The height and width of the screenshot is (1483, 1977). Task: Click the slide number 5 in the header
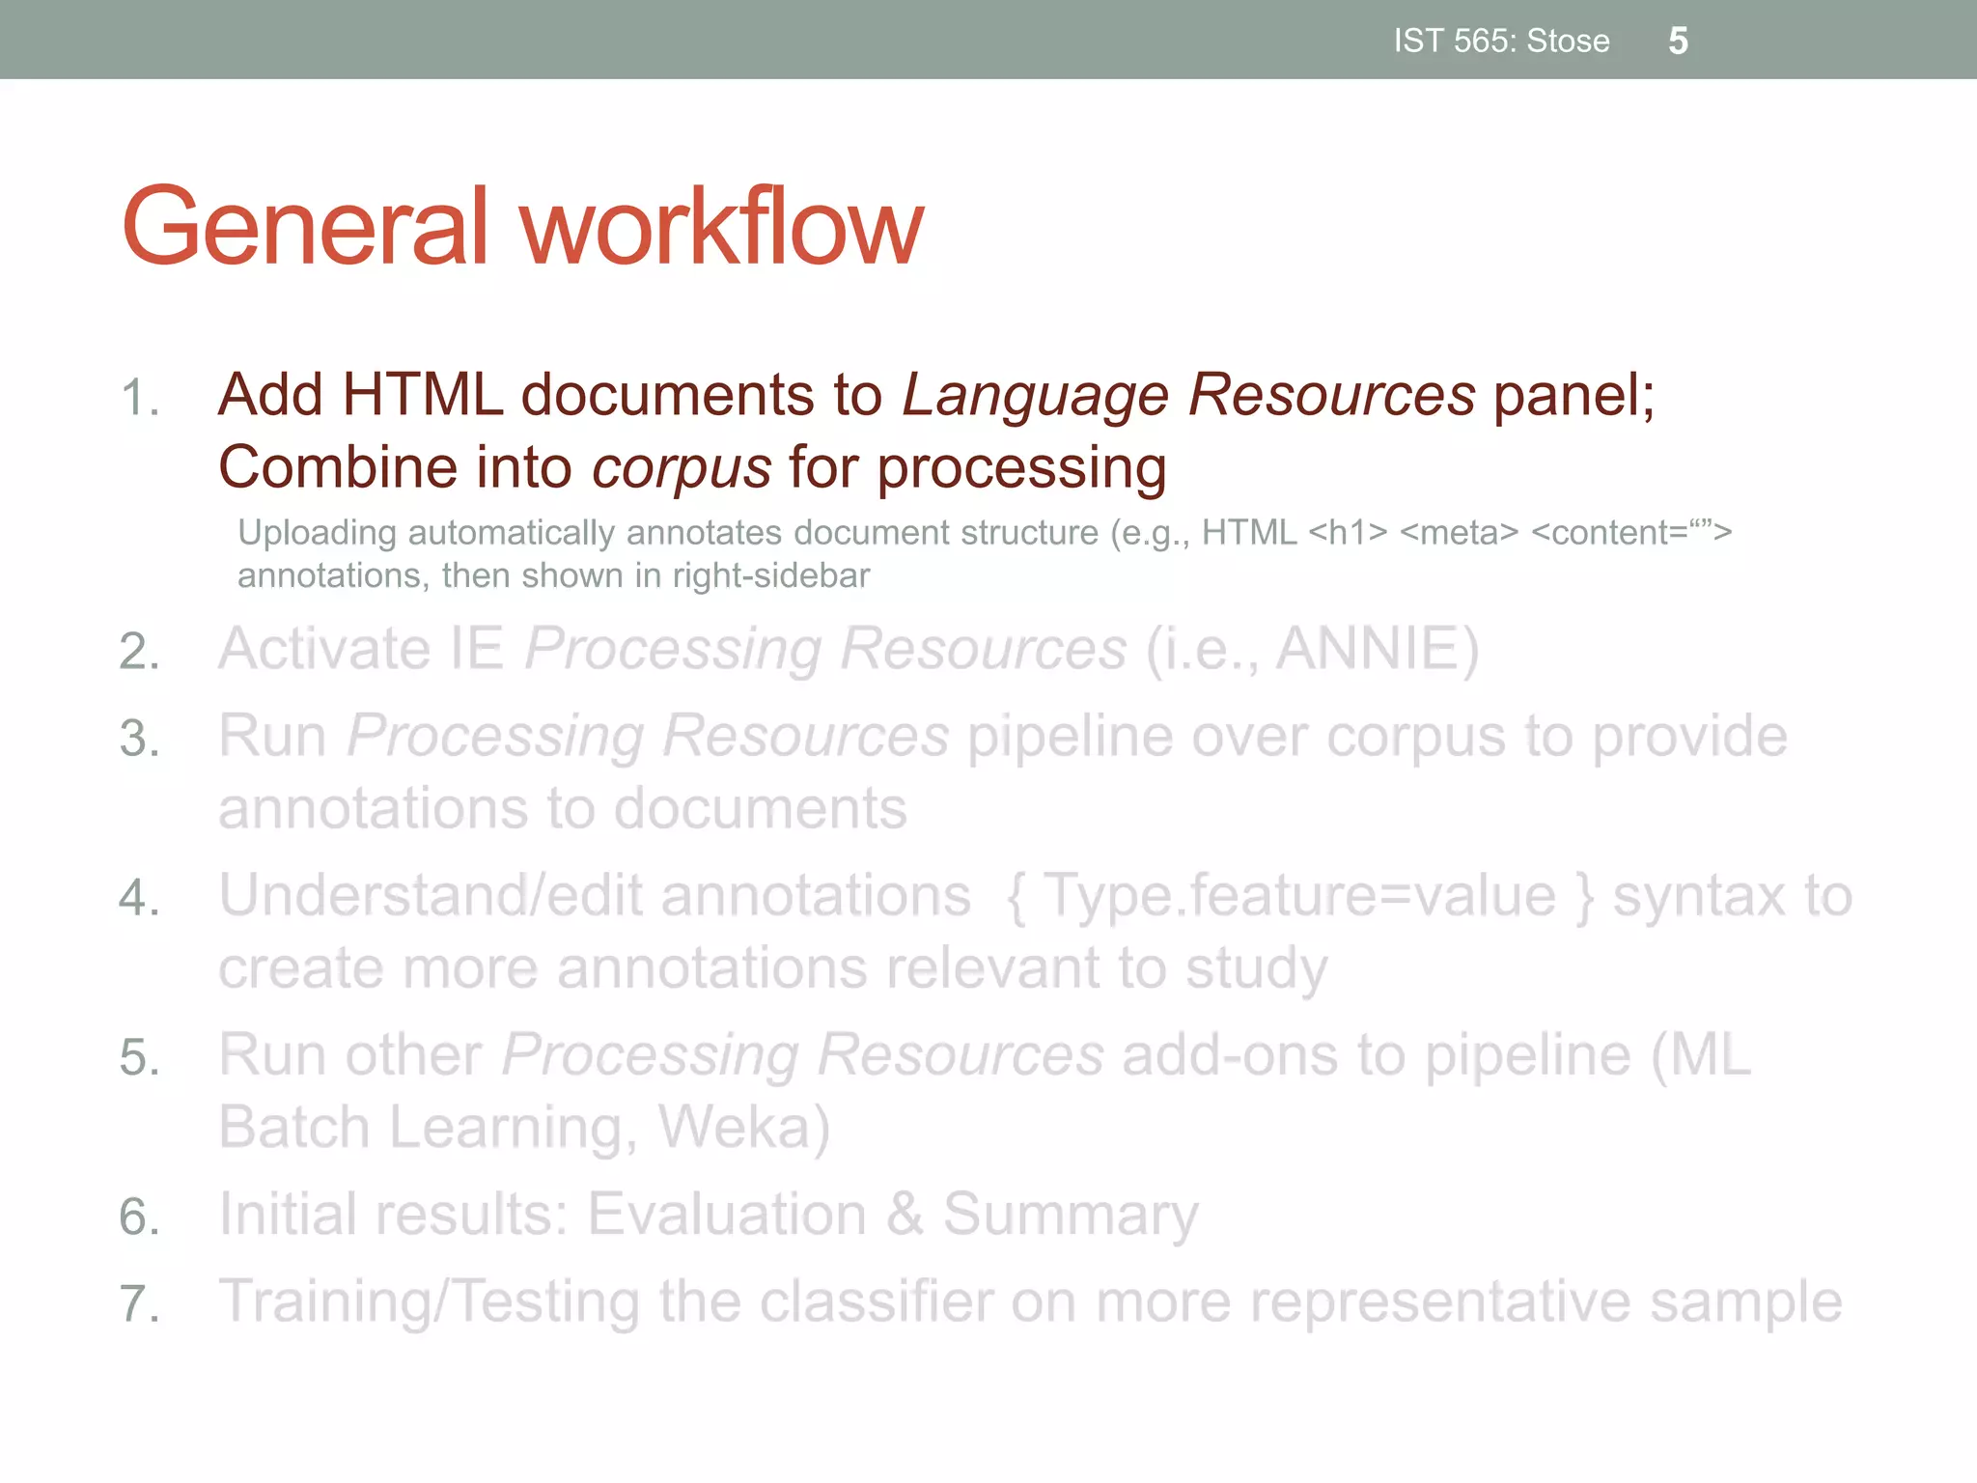[1678, 42]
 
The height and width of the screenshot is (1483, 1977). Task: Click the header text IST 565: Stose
[1501, 42]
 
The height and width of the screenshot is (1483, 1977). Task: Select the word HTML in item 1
[422, 395]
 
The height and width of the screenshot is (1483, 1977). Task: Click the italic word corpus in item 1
[681, 468]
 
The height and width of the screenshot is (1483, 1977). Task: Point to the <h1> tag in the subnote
[1348, 533]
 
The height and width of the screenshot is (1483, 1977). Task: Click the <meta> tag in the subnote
[1459, 533]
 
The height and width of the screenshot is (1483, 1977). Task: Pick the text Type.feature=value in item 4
[1299, 896]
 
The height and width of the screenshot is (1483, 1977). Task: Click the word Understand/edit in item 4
[430, 896]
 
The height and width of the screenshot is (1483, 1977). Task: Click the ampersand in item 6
[905, 1215]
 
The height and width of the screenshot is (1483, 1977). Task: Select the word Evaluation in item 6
[726, 1215]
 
